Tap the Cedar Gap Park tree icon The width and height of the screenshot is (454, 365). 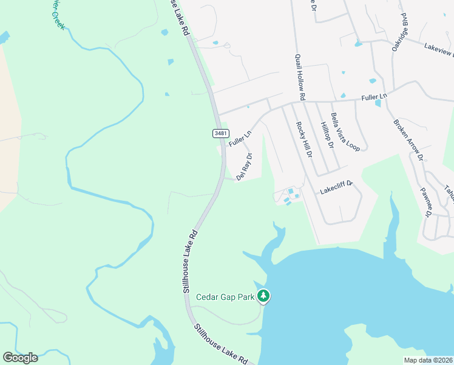coord(263,296)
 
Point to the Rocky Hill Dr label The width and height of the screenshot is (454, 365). coord(303,139)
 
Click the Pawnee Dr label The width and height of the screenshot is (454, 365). coord(425,203)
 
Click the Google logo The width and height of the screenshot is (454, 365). coord(20,357)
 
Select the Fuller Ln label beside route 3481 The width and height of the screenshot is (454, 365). coord(240,139)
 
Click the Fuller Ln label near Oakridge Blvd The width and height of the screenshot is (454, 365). coord(374,97)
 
